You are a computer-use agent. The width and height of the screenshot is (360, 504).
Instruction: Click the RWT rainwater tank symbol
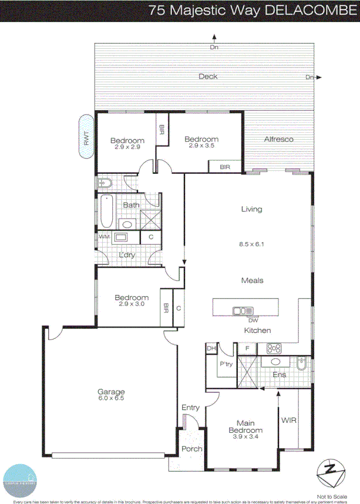(87, 137)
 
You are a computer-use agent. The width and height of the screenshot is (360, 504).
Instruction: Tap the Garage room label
(111, 392)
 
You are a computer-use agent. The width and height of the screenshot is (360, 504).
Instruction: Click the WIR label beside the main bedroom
(288, 421)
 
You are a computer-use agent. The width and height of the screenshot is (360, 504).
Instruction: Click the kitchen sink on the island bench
(243, 311)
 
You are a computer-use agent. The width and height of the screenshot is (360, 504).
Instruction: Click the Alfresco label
(278, 139)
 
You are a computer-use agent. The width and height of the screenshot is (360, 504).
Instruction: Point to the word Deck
(208, 76)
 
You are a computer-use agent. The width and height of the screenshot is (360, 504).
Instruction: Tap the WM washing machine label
(105, 236)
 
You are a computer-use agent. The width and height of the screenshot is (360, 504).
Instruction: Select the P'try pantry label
(226, 364)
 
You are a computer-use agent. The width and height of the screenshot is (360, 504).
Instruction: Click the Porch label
(191, 449)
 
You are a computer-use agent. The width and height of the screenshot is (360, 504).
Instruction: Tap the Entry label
(191, 408)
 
